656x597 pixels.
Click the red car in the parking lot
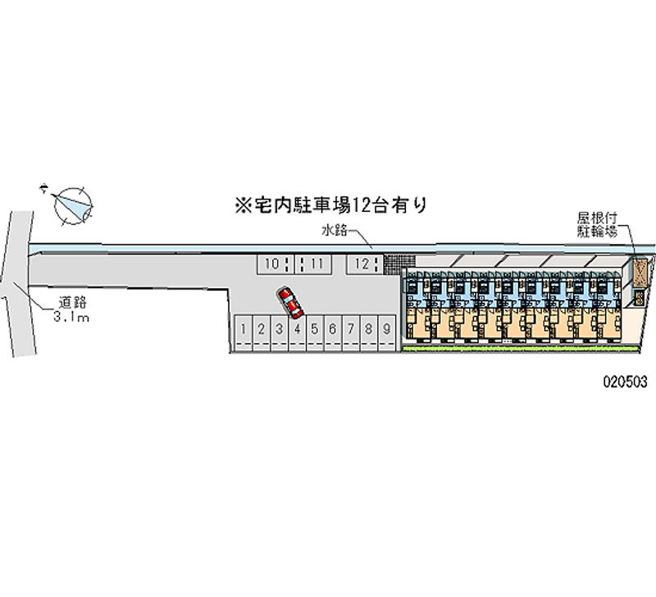click(x=290, y=302)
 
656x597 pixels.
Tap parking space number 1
click(x=243, y=330)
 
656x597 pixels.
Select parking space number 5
click(x=314, y=330)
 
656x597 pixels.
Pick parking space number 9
click(x=386, y=330)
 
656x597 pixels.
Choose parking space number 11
click(x=316, y=264)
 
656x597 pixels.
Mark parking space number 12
click(x=362, y=264)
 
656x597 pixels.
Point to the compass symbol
click(x=72, y=203)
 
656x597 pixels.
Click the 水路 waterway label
click(x=334, y=232)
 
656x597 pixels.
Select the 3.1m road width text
click(x=70, y=316)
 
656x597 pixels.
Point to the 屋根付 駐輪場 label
click(x=596, y=224)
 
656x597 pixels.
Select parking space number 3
click(x=279, y=330)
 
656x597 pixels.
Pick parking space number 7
click(x=350, y=330)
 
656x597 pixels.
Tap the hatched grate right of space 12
click(x=393, y=264)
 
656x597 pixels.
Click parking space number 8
click(x=368, y=330)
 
